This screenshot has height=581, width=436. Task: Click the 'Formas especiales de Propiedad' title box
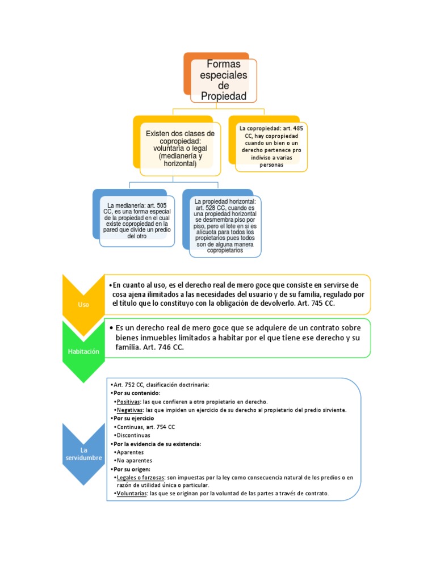(224, 81)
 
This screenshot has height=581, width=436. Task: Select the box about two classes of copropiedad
(179, 148)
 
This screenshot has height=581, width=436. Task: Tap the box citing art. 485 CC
(271, 146)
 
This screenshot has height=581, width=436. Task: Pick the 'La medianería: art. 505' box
(137, 220)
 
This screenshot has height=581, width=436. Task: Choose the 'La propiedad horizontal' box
(225, 225)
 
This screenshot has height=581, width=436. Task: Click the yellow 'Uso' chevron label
(83, 305)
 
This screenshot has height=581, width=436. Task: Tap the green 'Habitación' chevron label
(83, 351)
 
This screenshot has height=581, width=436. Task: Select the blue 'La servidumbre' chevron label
(83, 454)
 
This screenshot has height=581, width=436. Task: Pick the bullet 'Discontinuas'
(134, 435)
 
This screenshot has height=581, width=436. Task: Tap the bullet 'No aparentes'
(134, 460)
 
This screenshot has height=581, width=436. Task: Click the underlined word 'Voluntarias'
(131, 494)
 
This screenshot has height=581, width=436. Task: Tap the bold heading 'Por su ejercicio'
(133, 418)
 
